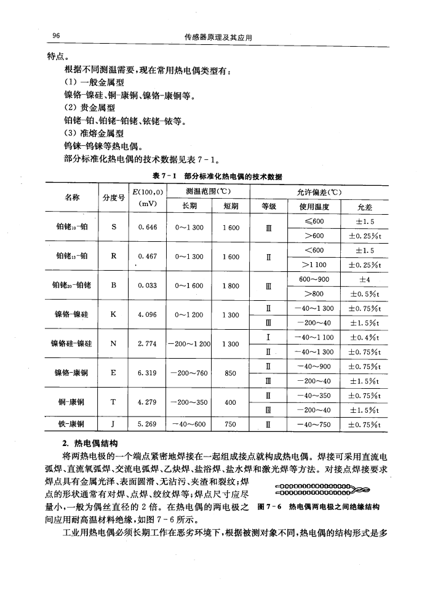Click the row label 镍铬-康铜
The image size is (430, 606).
pos(71,372)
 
